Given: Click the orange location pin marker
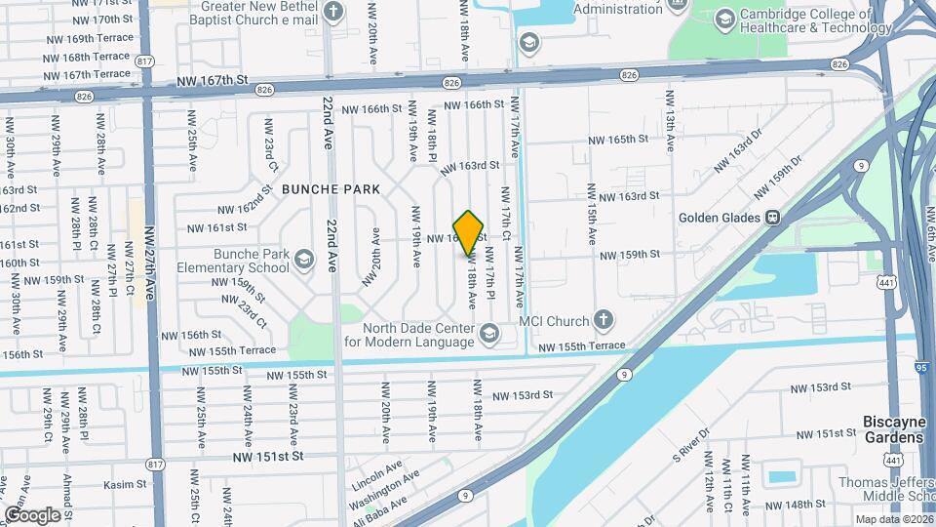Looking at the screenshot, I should tap(469, 231).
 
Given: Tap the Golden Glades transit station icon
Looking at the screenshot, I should tap(772, 218).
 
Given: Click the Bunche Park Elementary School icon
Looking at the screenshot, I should tap(304, 259).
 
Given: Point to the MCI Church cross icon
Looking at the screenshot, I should tap(604, 320).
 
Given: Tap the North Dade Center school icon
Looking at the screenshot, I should tap(488, 335).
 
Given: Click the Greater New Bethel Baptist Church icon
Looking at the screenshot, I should tap(334, 11).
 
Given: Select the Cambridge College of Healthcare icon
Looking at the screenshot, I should tap(724, 19).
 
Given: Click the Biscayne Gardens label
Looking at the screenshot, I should tap(892, 429).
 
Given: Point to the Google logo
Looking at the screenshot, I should tap(32, 514).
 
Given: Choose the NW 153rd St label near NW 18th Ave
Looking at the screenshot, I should tap(523, 395).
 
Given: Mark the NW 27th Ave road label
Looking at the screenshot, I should tap(150, 263).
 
